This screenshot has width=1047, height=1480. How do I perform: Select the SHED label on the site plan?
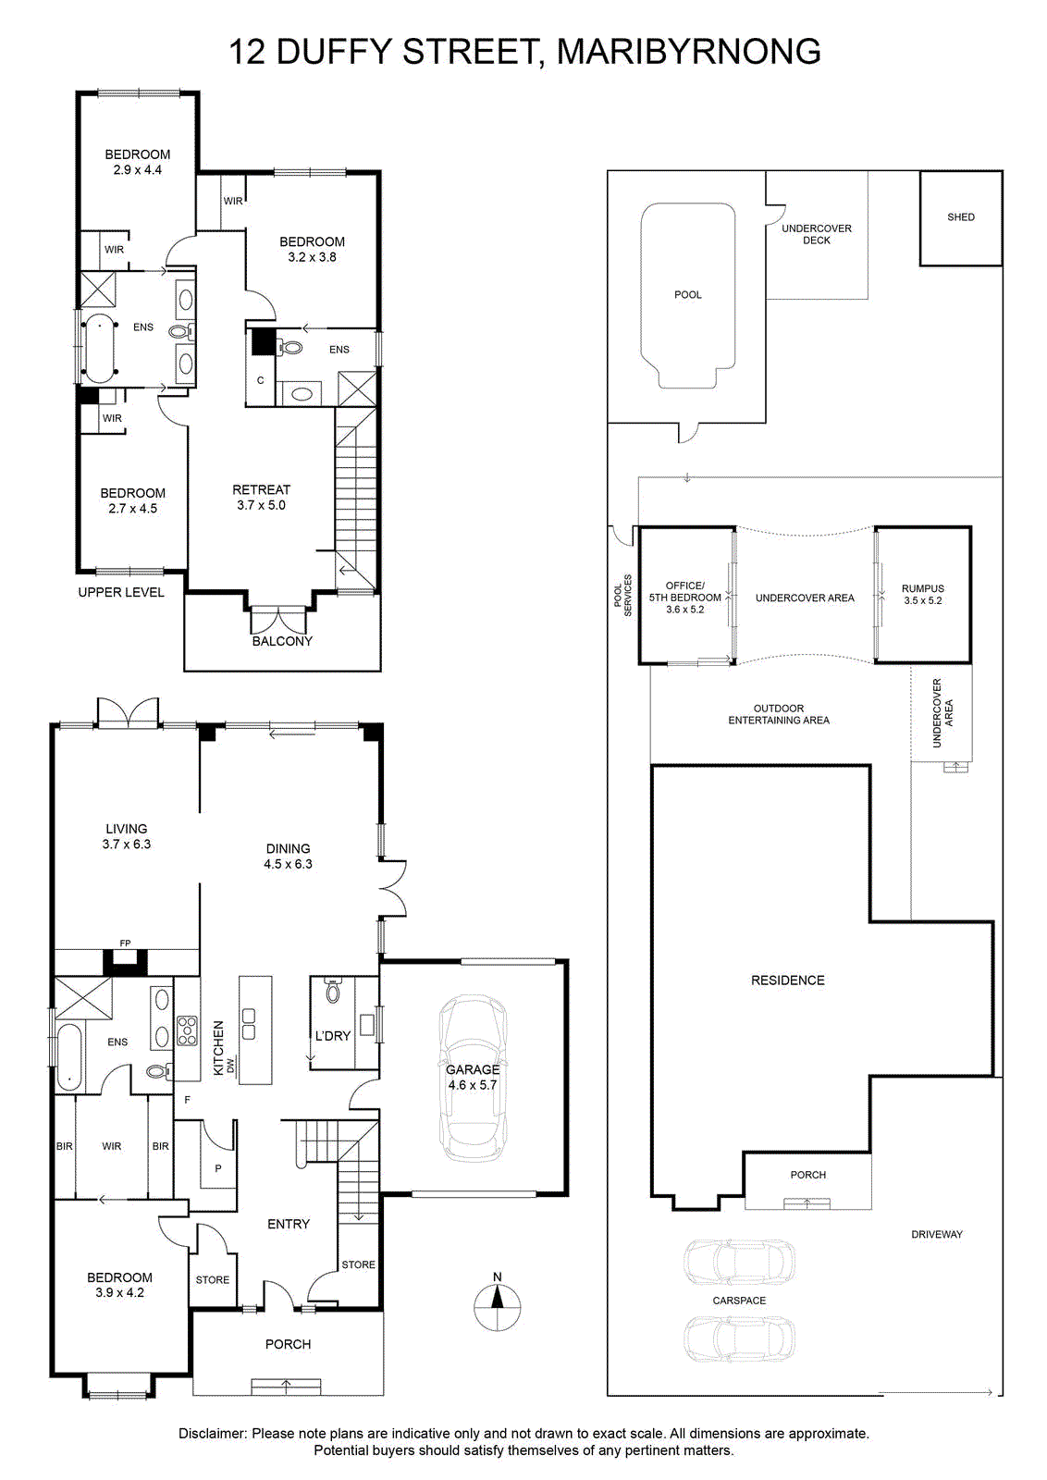pos(960,216)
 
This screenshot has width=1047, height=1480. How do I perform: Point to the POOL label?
pos(687,295)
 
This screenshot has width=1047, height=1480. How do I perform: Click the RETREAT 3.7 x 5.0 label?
pos(261,497)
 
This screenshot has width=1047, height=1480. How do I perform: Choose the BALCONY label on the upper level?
pos(282,641)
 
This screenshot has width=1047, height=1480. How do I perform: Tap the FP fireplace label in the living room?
pos(125,943)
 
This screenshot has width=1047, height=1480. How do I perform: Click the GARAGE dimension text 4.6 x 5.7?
pos(473,1085)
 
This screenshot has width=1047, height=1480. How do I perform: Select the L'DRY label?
pos(332,1036)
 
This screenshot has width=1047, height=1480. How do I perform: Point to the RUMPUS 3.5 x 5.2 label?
pos(923,594)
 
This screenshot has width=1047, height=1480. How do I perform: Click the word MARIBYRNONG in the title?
pos(689,52)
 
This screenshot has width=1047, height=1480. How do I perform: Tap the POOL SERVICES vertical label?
pos(622,596)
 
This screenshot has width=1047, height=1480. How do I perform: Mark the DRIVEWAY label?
pos(937,1234)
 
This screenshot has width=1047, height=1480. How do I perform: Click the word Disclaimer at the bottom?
pos(212,1434)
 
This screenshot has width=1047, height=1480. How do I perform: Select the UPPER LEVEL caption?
pos(121,592)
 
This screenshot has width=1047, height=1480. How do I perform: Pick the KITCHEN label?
pos(218,1048)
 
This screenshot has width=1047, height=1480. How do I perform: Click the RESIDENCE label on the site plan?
pos(787,980)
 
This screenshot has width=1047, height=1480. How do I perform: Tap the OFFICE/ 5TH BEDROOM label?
pos(685,598)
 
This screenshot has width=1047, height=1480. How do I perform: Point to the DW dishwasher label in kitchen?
pos(230,1065)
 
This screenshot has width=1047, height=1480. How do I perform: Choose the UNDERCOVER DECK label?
pos(817,234)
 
